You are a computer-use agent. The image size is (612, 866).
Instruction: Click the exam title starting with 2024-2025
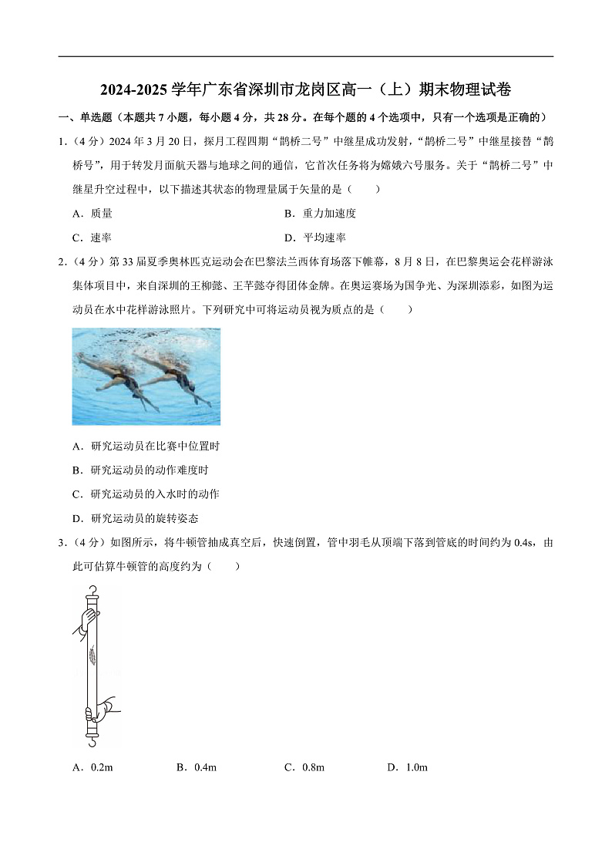(305, 90)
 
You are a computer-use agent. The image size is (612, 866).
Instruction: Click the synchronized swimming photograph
(146, 376)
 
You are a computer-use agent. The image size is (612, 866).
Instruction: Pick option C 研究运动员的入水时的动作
(146, 494)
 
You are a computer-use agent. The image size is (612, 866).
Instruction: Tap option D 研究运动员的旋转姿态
(135, 518)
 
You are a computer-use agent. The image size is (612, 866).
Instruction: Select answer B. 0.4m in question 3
(197, 767)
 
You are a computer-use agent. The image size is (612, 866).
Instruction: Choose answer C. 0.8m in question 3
(304, 767)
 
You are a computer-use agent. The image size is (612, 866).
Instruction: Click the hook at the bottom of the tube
(92, 741)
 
